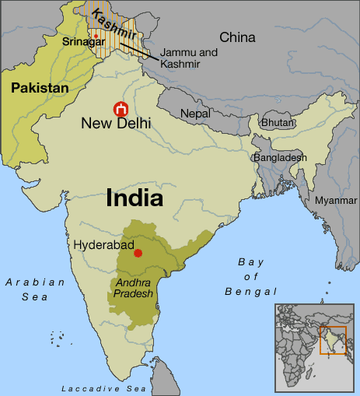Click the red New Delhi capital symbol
121,109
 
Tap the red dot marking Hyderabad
138,253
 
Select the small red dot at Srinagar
96,36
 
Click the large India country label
135,198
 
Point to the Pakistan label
40,89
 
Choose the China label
237,37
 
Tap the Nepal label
195,114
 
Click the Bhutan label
278,123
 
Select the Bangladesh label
279,157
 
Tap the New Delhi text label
117,123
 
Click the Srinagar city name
85,42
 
